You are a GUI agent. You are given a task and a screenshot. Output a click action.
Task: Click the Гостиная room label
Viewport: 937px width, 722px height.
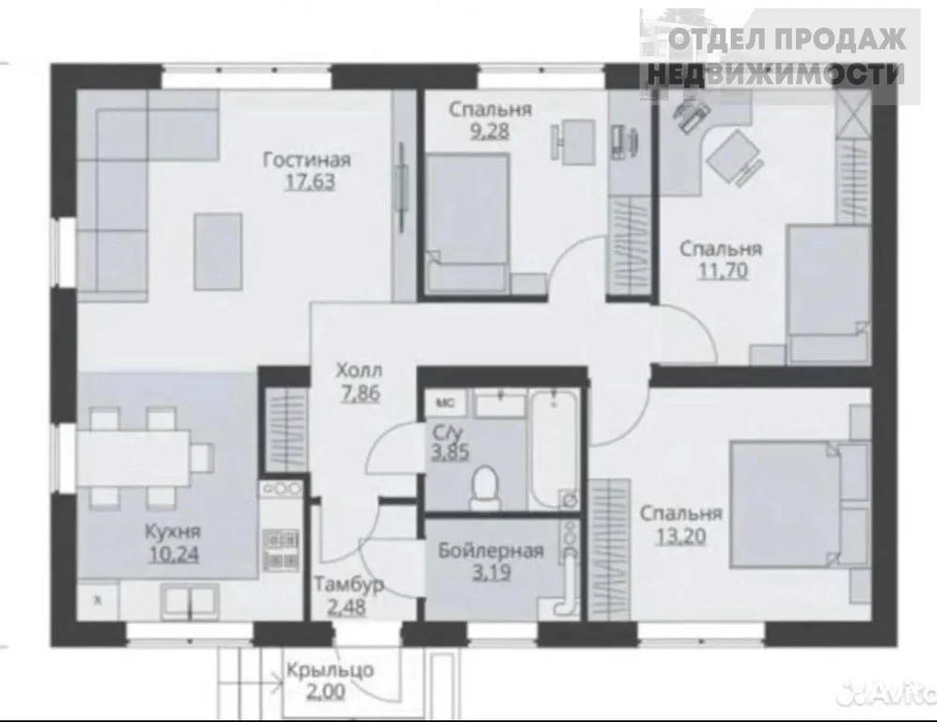(306, 160)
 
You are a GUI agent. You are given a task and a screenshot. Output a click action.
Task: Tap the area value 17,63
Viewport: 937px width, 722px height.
(309, 181)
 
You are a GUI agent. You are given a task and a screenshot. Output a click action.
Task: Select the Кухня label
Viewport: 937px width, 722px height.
(173, 531)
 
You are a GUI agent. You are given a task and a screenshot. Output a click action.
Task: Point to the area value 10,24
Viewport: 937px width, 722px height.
(173, 554)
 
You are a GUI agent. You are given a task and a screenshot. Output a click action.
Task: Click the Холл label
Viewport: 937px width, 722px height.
(359, 370)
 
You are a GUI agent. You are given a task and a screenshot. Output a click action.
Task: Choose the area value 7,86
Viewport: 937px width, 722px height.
(359, 393)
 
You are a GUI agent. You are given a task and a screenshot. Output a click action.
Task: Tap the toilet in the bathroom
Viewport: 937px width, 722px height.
(485, 488)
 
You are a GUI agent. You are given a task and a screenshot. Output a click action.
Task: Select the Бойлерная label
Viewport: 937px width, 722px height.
(491, 551)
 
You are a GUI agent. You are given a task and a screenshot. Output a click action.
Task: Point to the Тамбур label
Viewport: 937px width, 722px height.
(349, 584)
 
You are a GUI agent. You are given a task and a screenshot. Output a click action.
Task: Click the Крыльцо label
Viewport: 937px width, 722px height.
(330, 670)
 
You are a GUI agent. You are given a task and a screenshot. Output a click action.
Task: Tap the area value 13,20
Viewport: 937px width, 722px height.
(680, 536)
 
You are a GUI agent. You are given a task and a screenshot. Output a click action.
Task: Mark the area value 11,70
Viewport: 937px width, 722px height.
(723, 271)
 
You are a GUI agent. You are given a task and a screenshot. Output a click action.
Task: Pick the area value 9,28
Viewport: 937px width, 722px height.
(490, 131)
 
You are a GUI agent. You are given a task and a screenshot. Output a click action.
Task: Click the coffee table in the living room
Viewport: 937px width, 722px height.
(218, 251)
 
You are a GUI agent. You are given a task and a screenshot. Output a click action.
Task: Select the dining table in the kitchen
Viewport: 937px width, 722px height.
(133, 458)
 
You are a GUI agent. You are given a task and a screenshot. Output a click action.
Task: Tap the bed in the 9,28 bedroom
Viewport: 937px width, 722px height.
(467, 223)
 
